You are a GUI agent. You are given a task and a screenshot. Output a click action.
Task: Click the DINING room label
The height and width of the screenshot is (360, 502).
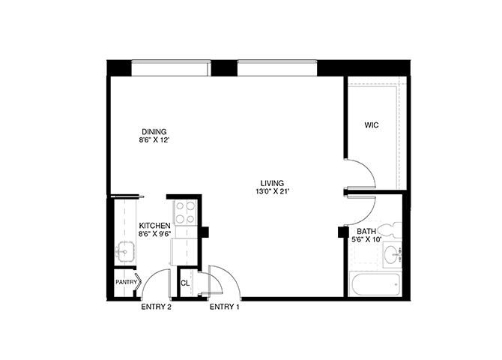154,132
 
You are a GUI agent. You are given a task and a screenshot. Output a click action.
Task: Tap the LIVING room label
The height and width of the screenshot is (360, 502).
272,183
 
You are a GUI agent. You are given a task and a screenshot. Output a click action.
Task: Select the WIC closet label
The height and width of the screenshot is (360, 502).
372,125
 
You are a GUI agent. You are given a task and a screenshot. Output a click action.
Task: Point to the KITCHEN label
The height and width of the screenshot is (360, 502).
154,226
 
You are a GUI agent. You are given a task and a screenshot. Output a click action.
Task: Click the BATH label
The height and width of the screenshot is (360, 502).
366,231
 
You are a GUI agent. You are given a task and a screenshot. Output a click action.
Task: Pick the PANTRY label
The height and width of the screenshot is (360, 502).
126,283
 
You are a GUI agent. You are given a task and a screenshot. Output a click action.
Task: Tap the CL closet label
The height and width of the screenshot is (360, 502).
185,283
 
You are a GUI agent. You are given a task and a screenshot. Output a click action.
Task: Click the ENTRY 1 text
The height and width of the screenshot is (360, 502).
225,307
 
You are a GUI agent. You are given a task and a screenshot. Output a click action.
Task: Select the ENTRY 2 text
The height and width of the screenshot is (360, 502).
157,307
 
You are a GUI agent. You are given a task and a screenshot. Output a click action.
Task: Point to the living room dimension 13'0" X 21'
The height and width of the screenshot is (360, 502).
272,192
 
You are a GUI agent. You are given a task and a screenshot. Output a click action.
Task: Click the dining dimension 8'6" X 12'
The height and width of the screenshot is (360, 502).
154,140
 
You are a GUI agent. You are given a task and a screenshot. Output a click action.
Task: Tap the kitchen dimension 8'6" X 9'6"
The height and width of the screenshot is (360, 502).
154,234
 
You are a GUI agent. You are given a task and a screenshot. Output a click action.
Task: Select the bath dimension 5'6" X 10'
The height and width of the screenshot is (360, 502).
366,239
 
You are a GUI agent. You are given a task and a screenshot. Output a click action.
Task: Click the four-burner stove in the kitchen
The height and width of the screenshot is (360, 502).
185,212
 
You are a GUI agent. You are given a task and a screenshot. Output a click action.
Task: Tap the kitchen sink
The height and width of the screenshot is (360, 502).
125,251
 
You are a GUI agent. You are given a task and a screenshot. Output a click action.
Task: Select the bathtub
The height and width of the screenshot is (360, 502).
375,284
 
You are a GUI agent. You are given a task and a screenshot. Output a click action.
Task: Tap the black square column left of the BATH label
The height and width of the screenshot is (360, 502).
343,232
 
